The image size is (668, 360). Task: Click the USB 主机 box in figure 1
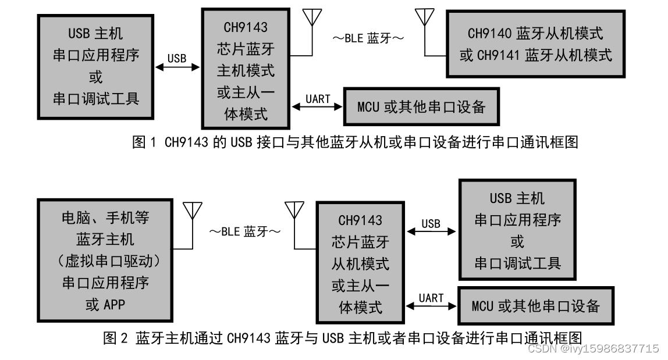click(96, 66)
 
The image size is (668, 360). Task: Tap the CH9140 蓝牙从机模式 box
click(535, 44)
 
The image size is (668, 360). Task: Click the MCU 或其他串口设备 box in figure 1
click(421, 107)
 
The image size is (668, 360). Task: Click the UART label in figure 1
click(318, 98)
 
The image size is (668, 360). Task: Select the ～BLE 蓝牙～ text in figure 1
click(368, 39)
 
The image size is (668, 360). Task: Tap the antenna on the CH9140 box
click(425, 17)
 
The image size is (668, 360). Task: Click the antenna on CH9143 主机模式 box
click(314, 17)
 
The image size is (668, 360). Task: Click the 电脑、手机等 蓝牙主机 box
click(105, 261)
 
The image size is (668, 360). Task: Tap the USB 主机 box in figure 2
click(517, 230)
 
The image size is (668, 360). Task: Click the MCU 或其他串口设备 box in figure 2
click(535, 305)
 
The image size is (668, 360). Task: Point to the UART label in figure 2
click(431, 297)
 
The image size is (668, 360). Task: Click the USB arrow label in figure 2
click(431, 223)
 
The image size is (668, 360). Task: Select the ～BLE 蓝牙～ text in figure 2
click(245, 231)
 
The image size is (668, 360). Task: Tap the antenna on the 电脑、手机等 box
click(192, 211)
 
